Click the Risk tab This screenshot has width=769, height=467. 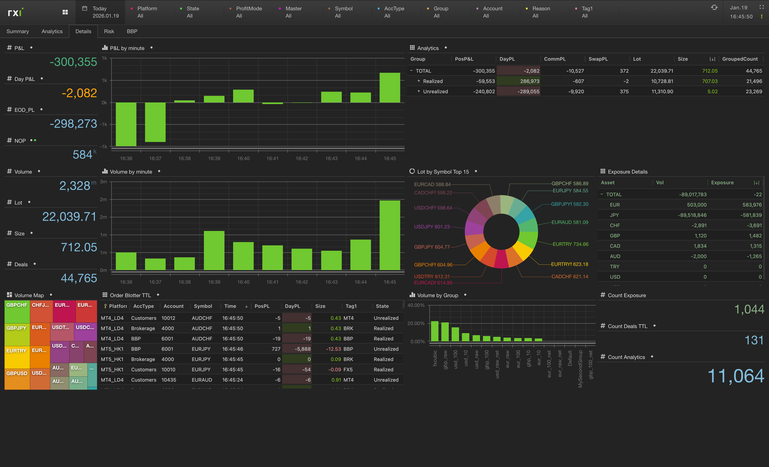point(109,31)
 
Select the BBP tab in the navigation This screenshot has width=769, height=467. point(132,31)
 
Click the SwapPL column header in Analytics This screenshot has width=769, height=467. point(598,59)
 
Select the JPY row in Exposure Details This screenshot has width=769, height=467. point(614,215)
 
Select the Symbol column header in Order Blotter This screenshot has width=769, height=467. point(203,306)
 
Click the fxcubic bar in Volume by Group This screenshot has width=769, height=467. point(434,331)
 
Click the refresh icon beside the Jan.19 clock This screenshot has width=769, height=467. point(714,7)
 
